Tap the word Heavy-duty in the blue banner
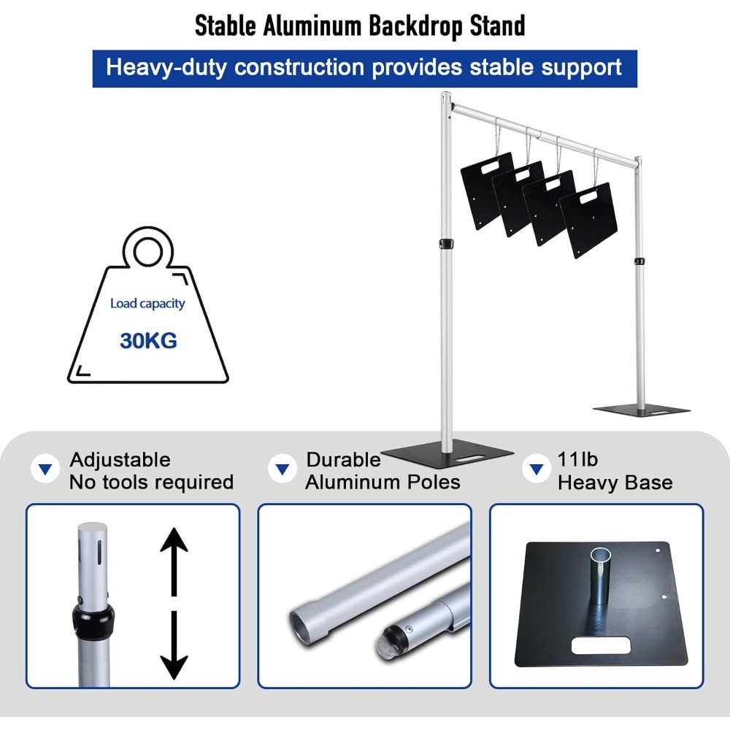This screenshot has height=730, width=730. [166, 67]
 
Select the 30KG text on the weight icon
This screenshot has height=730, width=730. [148, 341]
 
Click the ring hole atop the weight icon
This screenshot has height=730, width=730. [148, 252]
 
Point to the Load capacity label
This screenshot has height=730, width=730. [147, 304]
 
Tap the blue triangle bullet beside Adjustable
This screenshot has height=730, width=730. [45, 469]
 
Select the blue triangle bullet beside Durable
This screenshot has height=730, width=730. [283, 469]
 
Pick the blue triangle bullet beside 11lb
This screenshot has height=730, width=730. [537, 469]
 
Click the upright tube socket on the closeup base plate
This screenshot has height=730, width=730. [601, 577]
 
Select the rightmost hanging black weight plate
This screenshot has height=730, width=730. [588, 220]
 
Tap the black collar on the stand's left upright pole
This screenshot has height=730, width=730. [447, 244]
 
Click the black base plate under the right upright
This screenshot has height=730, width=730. [641, 410]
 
